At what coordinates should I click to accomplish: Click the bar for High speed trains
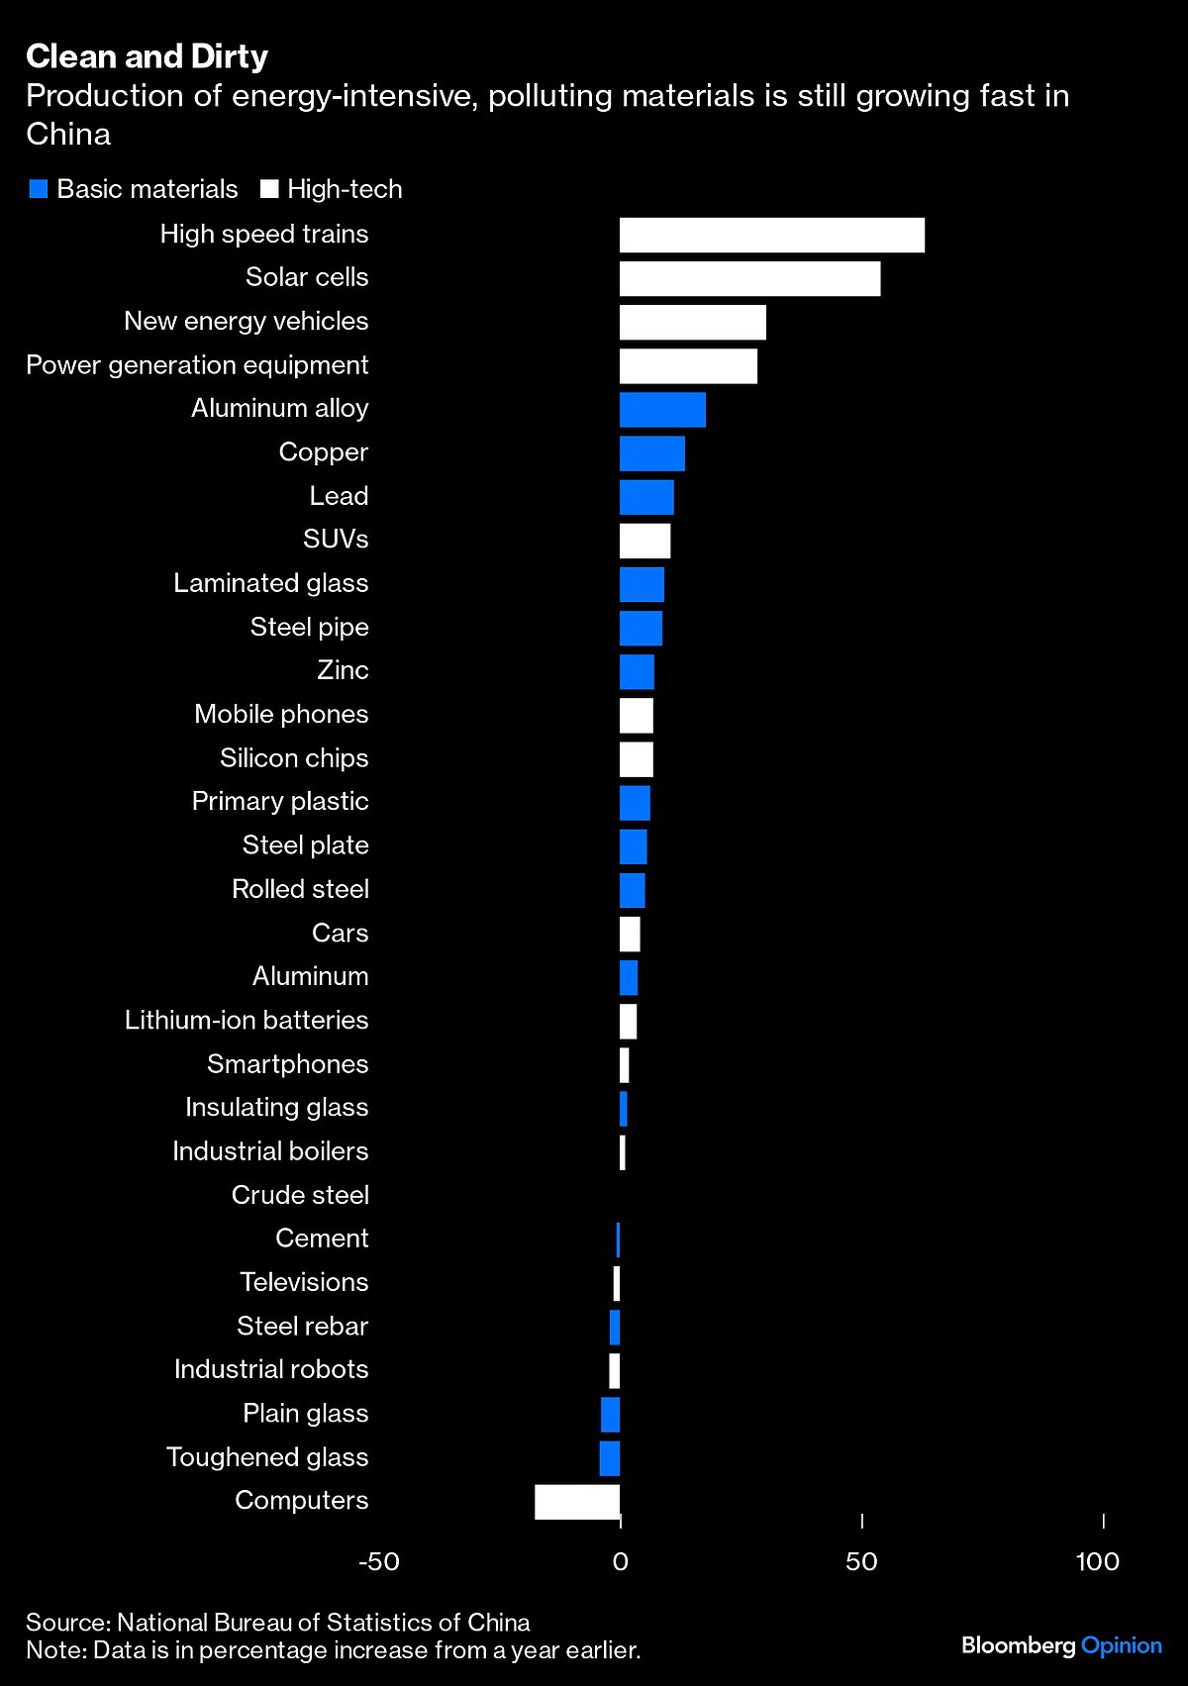point(771,236)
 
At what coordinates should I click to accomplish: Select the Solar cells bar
point(749,279)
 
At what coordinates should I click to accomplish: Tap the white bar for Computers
point(577,1502)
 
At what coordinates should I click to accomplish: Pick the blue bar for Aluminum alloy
point(662,410)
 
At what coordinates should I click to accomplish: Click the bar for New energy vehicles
point(692,323)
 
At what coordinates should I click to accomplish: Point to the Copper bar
point(651,453)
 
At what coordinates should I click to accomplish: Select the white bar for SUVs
point(644,541)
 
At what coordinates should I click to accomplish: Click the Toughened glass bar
point(610,1458)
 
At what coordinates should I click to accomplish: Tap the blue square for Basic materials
point(39,189)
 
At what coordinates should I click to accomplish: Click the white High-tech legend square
point(269,189)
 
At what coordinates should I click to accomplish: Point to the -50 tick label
point(378,1562)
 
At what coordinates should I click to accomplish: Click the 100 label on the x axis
point(1097,1562)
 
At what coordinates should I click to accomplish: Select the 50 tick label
point(861,1562)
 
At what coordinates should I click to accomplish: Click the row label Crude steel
point(300,1195)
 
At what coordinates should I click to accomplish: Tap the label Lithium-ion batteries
point(247,1020)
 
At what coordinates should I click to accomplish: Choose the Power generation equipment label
point(197,365)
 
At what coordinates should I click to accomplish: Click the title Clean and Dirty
point(147,56)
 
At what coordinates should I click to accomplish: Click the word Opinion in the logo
point(1121,1645)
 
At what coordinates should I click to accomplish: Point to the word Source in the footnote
point(66,1623)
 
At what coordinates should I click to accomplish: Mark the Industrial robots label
point(271,1369)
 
